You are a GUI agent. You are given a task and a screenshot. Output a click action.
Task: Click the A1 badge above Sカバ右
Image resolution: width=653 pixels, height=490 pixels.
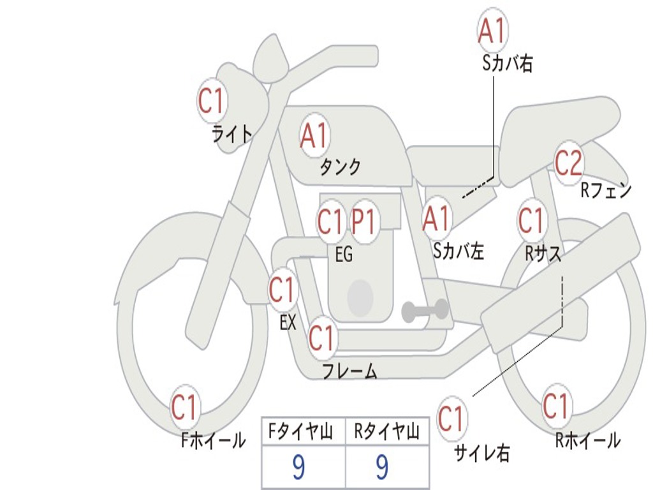coord(492,31)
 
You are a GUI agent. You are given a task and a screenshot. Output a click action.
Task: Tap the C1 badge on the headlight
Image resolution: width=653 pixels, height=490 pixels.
coord(212,100)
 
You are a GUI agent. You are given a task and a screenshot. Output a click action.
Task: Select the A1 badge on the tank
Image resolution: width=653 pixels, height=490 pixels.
coord(314,136)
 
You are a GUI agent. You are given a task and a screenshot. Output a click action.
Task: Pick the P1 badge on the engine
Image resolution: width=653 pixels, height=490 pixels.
coord(364,223)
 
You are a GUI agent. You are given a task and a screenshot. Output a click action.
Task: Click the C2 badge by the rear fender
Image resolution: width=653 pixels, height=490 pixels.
coord(568,164)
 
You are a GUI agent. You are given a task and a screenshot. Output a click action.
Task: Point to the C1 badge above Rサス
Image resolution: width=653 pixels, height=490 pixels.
coord(531,221)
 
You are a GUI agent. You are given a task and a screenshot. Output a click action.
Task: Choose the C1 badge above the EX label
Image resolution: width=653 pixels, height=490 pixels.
coord(282,290)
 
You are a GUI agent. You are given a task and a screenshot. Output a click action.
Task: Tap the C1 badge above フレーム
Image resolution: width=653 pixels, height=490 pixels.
coord(321,338)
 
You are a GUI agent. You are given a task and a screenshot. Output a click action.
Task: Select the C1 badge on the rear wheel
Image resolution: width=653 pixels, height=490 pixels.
coord(555,406)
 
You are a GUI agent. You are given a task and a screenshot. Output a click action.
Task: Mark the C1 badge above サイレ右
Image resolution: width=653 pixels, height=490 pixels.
coord(451,419)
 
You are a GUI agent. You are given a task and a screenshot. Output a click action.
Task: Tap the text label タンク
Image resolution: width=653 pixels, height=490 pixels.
coord(340,167)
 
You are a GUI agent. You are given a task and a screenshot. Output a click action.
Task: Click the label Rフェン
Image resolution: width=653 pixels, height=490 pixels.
coord(605,190)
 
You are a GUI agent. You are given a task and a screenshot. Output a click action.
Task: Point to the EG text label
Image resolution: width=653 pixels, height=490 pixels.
coord(344,255)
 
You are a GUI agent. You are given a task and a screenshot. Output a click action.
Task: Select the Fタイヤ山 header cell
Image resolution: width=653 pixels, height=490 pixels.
coord(304,433)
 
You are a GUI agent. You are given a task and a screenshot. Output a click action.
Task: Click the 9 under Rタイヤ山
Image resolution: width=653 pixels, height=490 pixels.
coord(382,468)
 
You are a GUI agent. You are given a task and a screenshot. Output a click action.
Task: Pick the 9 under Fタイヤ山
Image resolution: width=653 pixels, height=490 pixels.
coord(298,468)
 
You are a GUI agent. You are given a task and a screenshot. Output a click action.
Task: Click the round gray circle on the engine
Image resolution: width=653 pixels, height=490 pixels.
coord(360,297)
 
